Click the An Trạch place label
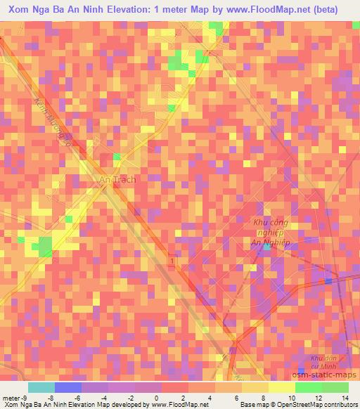[x=117, y=179]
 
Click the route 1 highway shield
[x=172, y=261]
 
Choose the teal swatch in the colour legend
[x=41, y=387]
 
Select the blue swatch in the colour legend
[x=68, y=387]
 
